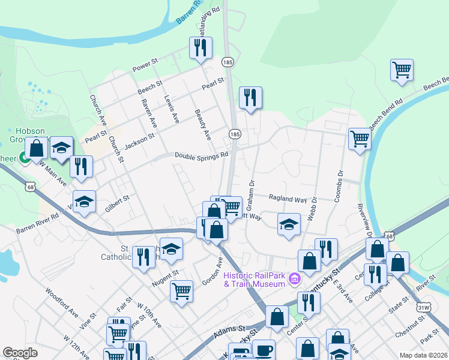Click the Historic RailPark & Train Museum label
tap(253, 279)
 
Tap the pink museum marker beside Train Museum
tap(295, 279)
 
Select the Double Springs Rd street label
tap(202, 155)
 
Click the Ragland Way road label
tap(288, 199)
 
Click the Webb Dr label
tap(312, 206)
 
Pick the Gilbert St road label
tap(117, 202)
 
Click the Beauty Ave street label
tap(203, 123)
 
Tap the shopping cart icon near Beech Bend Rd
tap(402, 69)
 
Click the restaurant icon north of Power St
tap(200, 47)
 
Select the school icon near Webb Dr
tap(289, 224)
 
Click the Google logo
tap(20, 353)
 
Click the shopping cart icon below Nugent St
tap(181, 291)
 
